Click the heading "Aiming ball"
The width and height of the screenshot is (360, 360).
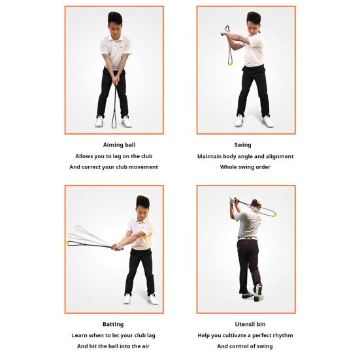click(x=114, y=145)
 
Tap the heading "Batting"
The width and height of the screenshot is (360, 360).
click(x=113, y=325)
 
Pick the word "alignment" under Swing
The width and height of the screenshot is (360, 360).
click(x=278, y=156)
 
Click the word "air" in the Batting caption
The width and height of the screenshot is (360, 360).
click(x=151, y=346)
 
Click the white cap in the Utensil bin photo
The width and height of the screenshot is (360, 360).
click(x=256, y=201)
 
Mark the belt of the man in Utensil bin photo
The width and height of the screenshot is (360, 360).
click(x=247, y=238)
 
